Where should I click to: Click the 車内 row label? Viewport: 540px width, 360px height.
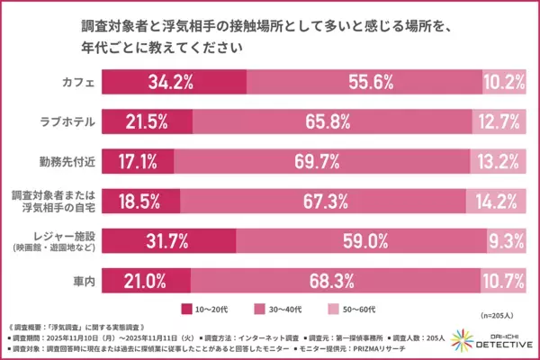(81, 282)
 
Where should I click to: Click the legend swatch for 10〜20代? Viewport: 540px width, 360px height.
(187, 308)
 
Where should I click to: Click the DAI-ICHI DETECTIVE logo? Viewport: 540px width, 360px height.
(493, 340)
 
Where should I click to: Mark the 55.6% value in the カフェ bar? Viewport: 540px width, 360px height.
(362, 80)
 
